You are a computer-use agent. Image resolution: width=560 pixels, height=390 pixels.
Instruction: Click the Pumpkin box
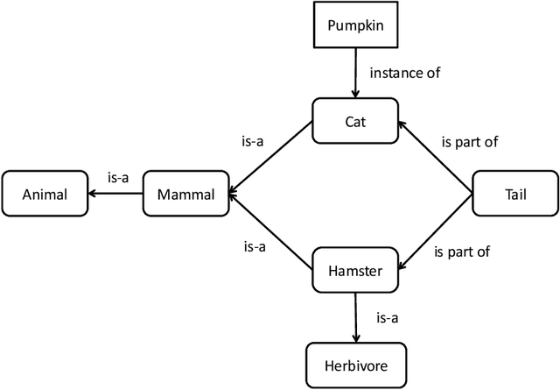point(354,25)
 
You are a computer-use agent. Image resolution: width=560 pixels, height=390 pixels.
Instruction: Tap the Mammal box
point(185,194)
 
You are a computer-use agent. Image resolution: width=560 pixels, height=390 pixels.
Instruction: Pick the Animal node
point(45,194)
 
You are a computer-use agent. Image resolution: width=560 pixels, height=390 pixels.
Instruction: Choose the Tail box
point(514,194)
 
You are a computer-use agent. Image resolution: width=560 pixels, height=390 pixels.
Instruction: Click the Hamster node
point(355,271)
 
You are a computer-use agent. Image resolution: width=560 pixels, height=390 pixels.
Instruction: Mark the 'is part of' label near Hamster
point(462,252)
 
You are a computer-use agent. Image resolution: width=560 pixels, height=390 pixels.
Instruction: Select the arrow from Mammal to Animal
point(115,194)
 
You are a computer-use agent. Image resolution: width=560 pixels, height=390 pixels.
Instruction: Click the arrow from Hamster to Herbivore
point(355,316)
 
